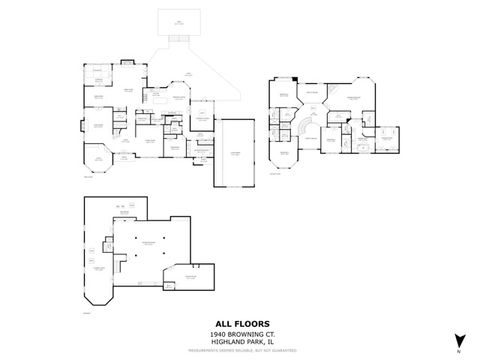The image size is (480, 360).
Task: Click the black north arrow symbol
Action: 458,340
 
